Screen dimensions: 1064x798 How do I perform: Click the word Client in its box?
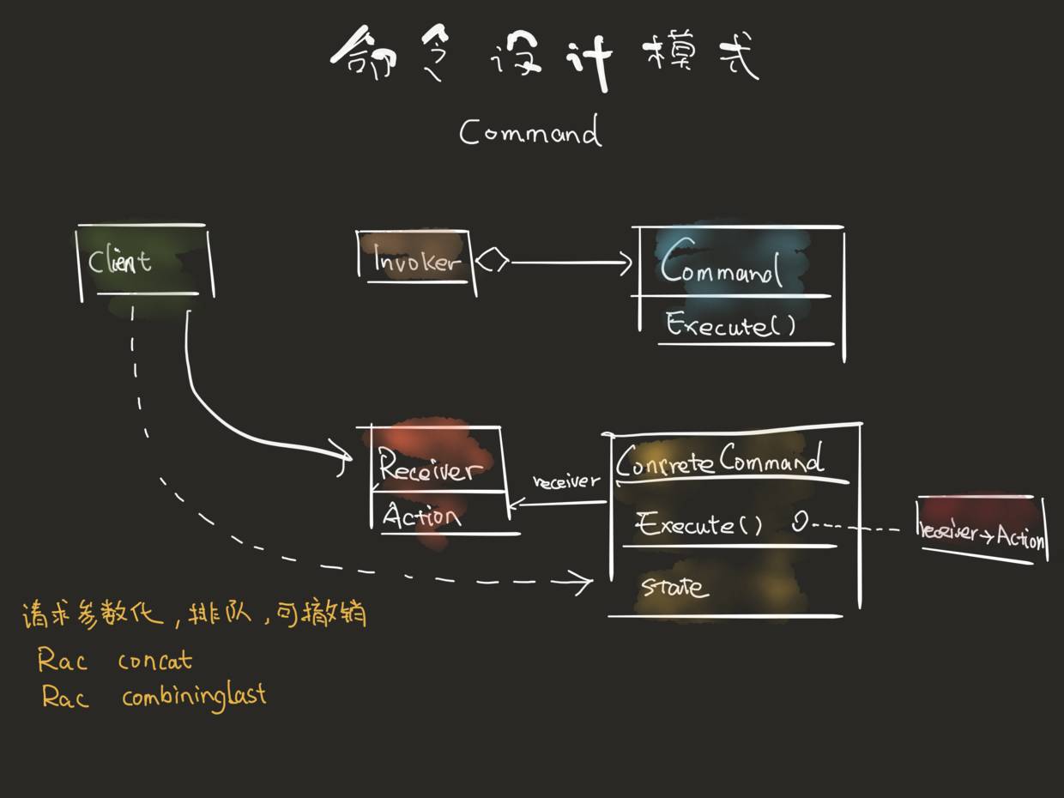tap(120, 261)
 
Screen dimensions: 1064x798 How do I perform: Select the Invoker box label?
tap(416, 261)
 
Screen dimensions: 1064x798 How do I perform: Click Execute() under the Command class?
tap(730, 326)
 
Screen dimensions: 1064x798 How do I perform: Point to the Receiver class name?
tap(426, 469)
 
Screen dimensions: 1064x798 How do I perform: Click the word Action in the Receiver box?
tap(421, 516)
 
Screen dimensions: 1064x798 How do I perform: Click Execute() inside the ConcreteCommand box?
tap(699, 524)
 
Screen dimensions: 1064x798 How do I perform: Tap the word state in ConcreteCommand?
tap(675, 587)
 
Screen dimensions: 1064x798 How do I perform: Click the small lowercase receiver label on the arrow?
tap(566, 481)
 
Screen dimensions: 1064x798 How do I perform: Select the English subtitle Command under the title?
tap(529, 133)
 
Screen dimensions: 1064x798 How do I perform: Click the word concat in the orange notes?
tap(155, 661)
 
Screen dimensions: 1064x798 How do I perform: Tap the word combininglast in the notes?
tap(194, 695)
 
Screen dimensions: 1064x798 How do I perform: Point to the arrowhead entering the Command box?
tap(626, 263)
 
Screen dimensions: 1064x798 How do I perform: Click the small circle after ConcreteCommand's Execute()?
tap(799, 523)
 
